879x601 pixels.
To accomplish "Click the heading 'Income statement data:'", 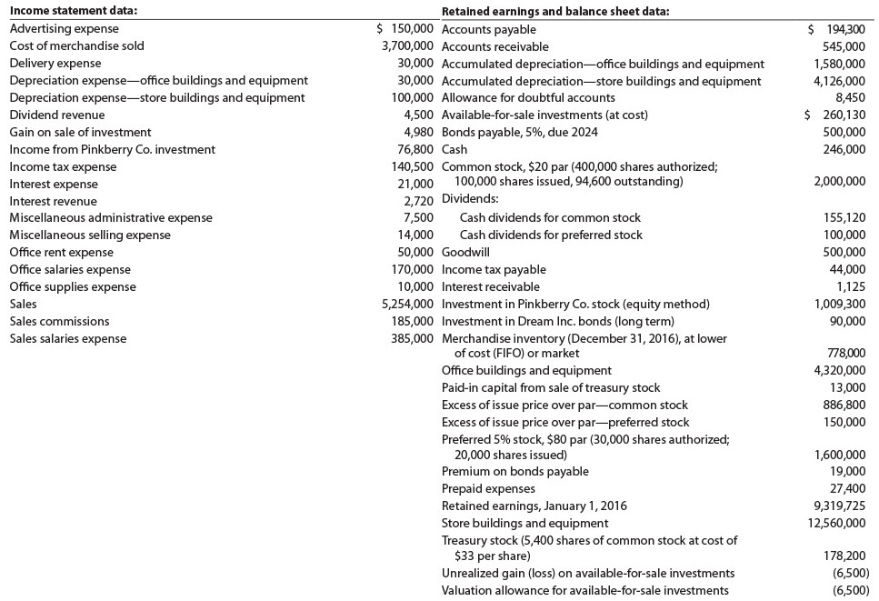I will [x=73, y=11].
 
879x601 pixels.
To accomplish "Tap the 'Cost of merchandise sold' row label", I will [x=76, y=45].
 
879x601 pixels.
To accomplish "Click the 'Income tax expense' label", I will [x=63, y=166].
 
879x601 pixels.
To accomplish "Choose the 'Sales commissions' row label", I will [x=59, y=321].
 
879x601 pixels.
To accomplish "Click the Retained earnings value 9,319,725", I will [x=840, y=506].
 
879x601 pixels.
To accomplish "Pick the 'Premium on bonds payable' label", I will [x=514, y=471].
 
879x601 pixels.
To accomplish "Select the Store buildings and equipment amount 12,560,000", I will [x=836, y=523].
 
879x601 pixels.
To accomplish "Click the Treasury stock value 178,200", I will [x=844, y=556].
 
